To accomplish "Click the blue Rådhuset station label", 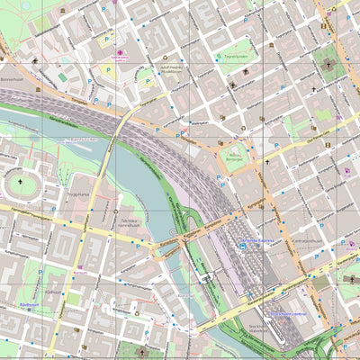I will (25, 305).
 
